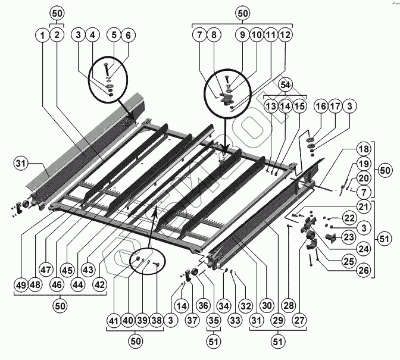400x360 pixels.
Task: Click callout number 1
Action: point(42,36)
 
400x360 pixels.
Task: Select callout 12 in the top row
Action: point(286,36)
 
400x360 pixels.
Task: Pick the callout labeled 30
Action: point(267,305)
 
